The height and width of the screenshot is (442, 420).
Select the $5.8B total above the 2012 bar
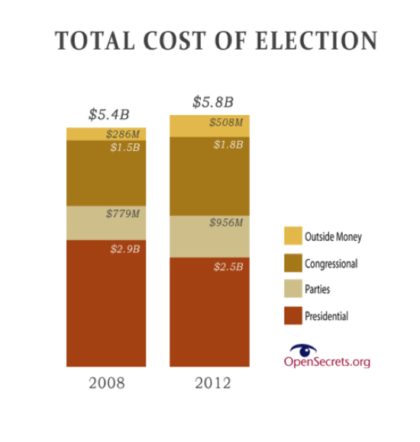tap(212, 101)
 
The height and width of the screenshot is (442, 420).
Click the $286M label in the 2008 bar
tap(122, 134)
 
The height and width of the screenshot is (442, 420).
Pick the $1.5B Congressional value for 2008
tap(124, 147)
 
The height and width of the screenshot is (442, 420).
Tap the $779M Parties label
tap(122, 213)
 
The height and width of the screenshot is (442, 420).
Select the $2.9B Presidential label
tap(124, 248)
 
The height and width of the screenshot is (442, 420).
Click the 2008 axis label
tap(105, 382)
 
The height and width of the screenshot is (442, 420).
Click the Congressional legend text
tap(331, 264)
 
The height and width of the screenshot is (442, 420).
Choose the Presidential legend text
tap(326, 315)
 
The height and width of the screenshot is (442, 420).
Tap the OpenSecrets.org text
tap(327, 361)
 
